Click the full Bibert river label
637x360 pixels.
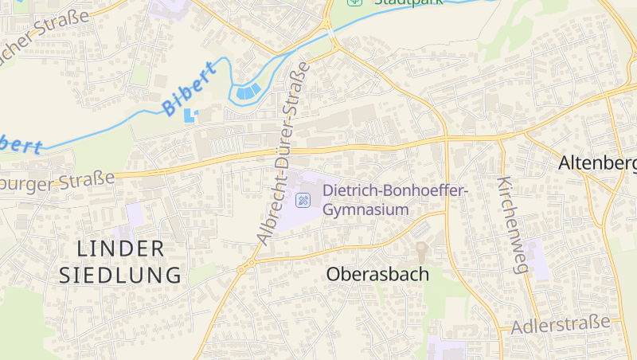pos(189,92)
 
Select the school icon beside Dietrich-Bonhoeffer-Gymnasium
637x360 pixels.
pos(303,200)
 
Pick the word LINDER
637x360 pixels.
pos(121,248)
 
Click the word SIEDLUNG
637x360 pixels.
pos(121,276)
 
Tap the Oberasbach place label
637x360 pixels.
pos(377,275)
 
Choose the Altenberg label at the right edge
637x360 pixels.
pos(597,163)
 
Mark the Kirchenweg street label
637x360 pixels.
pos(512,226)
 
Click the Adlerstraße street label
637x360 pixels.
pos(561,324)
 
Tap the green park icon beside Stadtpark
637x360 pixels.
pos(354,2)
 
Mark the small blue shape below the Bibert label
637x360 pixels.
pos(190,115)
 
